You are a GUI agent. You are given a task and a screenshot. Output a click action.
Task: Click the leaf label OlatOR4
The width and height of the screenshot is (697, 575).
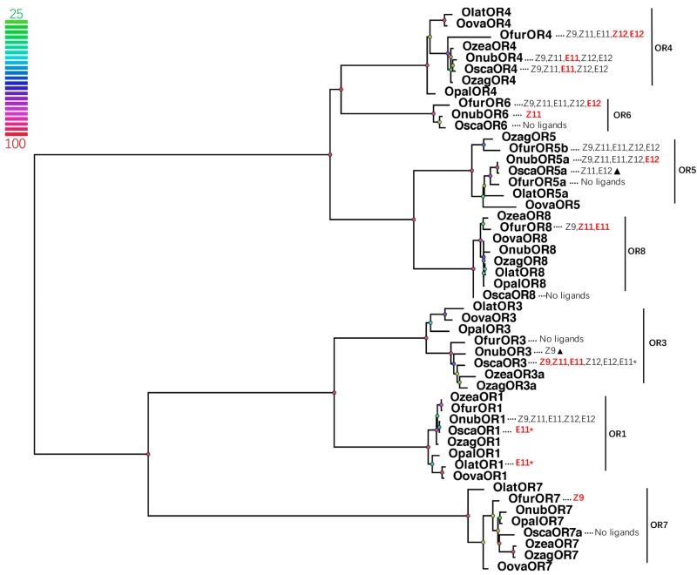point(488,12)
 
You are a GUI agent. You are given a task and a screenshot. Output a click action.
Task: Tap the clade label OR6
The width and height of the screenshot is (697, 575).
point(621,114)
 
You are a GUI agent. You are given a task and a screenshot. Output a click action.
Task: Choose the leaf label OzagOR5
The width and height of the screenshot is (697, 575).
point(529,137)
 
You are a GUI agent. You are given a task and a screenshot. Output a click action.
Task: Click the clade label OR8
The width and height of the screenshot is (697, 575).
point(637,252)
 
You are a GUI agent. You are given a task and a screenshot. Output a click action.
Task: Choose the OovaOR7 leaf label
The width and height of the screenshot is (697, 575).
point(524,566)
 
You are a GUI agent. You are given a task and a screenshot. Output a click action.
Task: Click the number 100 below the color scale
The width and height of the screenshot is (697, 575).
point(15,144)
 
